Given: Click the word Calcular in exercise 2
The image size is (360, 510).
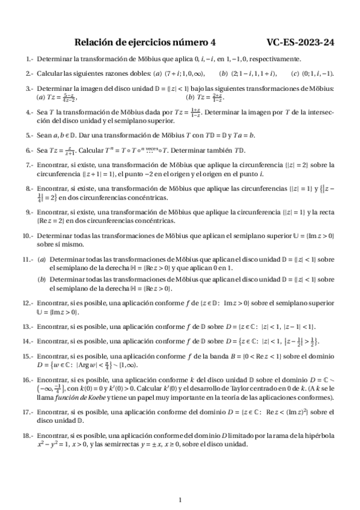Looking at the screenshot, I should tap(50, 74).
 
